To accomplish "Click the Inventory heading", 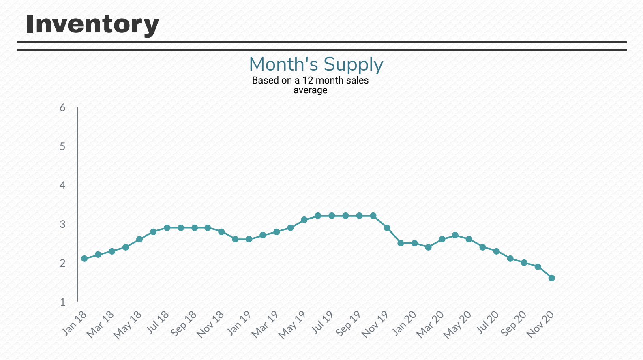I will [92, 24].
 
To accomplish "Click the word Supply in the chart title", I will [353, 65].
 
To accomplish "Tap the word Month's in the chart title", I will [283, 64].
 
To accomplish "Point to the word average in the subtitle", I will [310, 90].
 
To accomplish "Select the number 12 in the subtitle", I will [308, 80].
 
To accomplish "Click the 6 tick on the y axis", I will [62, 107].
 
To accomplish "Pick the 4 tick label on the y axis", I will [62, 185].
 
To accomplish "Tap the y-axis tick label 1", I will [62, 302].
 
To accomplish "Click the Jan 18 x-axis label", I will [75, 323].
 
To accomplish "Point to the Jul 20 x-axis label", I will [488, 323].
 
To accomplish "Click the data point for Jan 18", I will [84, 259].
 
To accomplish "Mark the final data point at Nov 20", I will [551, 278].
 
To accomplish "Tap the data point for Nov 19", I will [387, 228].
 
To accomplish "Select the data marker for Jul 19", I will [332, 216].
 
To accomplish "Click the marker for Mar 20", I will [442, 239].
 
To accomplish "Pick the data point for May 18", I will [139, 239].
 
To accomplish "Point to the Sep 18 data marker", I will [195, 228].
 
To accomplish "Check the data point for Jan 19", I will [249, 239].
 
